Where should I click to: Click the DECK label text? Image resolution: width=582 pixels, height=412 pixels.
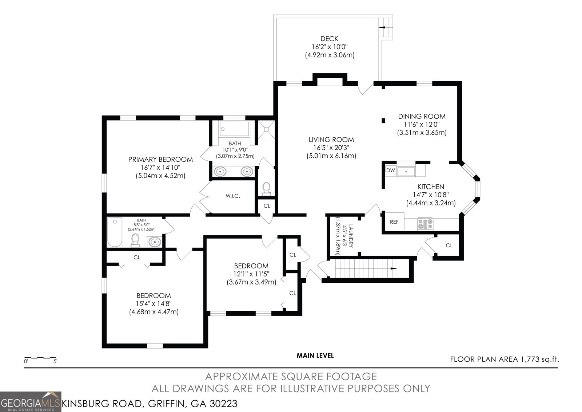point(329,39)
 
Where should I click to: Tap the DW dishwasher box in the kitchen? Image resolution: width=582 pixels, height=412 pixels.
point(391,170)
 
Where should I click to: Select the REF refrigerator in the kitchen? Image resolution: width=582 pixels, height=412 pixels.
point(394,222)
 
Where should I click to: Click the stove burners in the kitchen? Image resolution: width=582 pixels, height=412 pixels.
point(425,224)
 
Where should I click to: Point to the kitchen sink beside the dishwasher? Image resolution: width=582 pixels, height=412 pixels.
point(406,172)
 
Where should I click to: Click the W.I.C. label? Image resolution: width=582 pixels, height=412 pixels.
point(232,196)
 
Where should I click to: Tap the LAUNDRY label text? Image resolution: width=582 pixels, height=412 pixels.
point(351,236)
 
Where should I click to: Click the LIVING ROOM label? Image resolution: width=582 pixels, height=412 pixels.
point(331,140)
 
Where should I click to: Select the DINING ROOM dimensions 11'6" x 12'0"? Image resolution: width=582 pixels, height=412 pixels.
point(422,125)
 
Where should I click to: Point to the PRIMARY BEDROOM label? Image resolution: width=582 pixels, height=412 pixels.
point(160,160)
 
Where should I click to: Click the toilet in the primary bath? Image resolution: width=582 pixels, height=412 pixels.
point(266,188)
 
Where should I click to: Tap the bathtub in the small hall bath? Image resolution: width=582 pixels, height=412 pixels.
point(115,232)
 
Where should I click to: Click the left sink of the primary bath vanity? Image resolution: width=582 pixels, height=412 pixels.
point(220,172)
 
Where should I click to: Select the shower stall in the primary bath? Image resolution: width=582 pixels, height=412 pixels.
point(266,129)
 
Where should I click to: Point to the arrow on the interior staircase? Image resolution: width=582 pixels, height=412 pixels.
point(394,268)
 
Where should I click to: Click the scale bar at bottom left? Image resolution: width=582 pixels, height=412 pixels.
point(40,358)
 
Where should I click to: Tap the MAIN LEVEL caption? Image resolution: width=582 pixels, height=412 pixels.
point(315,356)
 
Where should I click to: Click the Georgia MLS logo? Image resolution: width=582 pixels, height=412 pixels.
point(31,402)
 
